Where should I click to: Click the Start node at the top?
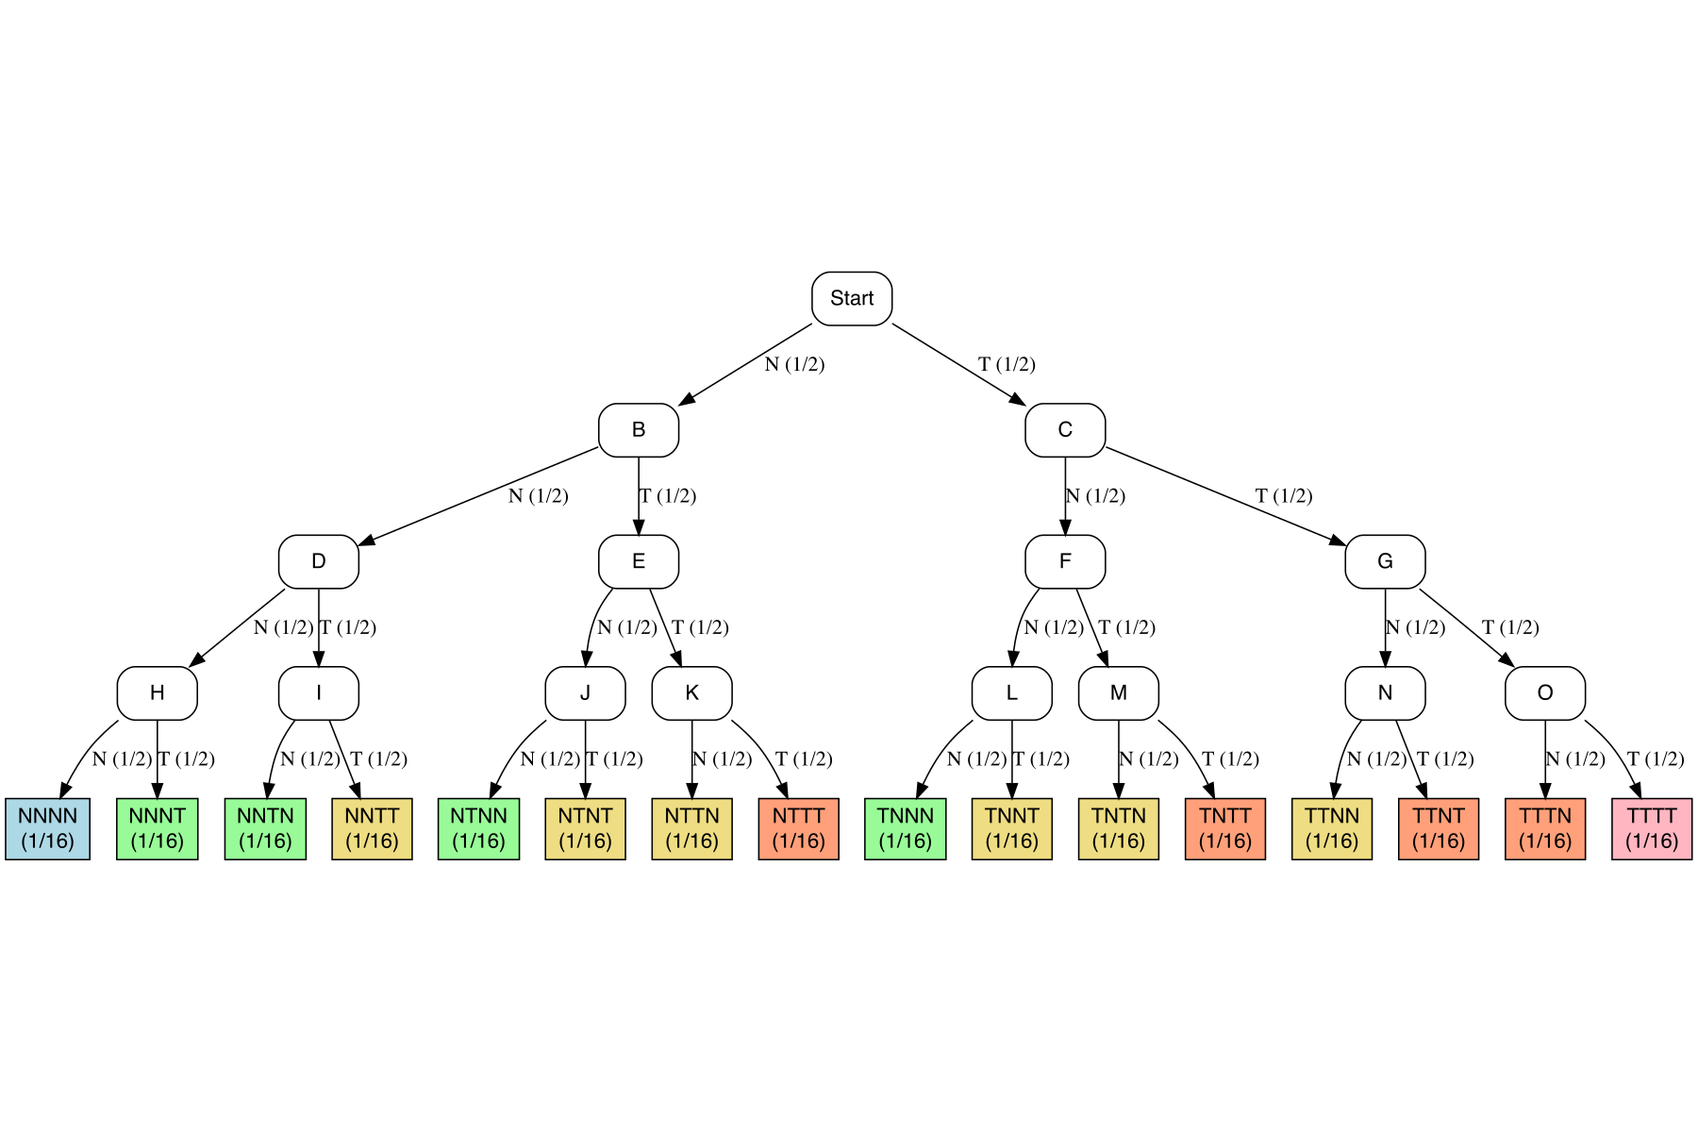[x=852, y=298]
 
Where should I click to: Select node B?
[x=639, y=430]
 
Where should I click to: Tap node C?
[x=1065, y=430]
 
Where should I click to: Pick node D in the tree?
[x=319, y=561]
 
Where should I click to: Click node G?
[x=1385, y=561]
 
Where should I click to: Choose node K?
[x=691, y=693]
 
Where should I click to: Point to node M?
[x=1119, y=693]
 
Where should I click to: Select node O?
[x=1545, y=693]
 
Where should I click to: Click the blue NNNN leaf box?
[x=48, y=829]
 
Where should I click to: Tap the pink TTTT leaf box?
[x=1652, y=829]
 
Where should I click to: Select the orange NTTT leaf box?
[x=798, y=829]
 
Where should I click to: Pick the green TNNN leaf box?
[x=906, y=829]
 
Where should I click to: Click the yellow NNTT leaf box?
[x=372, y=829]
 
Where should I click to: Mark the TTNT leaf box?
[x=1439, y=829]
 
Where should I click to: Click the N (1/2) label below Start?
[x=794, y=364]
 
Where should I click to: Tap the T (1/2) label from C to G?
[x=1284, y=496]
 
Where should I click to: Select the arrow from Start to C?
[x=957, y=364]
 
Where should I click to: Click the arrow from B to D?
[x=479, y=496]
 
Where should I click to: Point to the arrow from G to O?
[x=1466, y=627]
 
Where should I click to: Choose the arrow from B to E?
[x=639, y=496]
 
